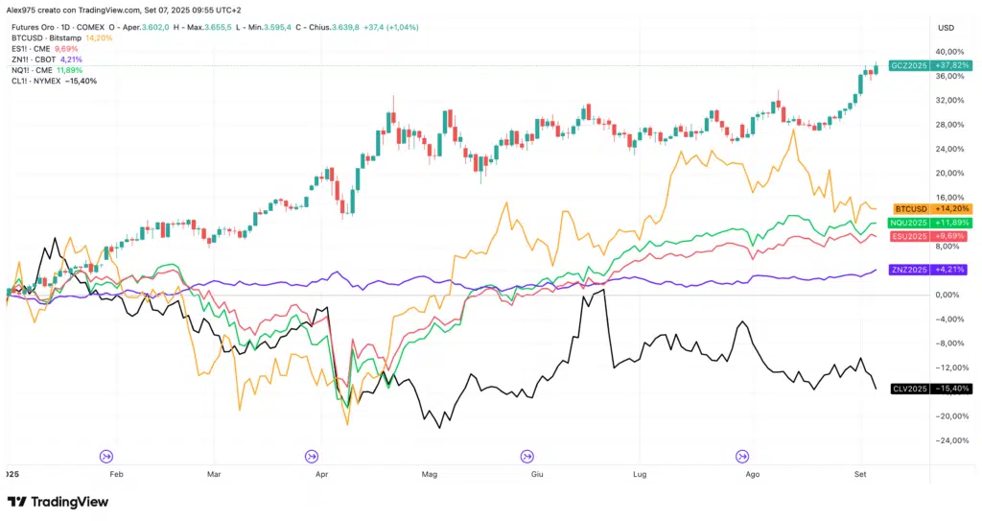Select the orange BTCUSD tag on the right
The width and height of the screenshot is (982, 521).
[930, 208]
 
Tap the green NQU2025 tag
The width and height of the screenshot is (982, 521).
[930, 223]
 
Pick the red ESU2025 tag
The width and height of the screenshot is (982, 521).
[930, 236]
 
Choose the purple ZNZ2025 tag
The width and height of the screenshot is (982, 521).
[930, 270]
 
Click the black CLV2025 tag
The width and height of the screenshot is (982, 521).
[930, 389]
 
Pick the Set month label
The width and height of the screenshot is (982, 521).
[860, 474]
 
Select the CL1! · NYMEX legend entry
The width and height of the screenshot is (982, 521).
[42, 81]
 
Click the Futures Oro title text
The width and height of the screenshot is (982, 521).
[34, 28]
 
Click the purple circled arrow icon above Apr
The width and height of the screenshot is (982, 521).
[313, 457]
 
